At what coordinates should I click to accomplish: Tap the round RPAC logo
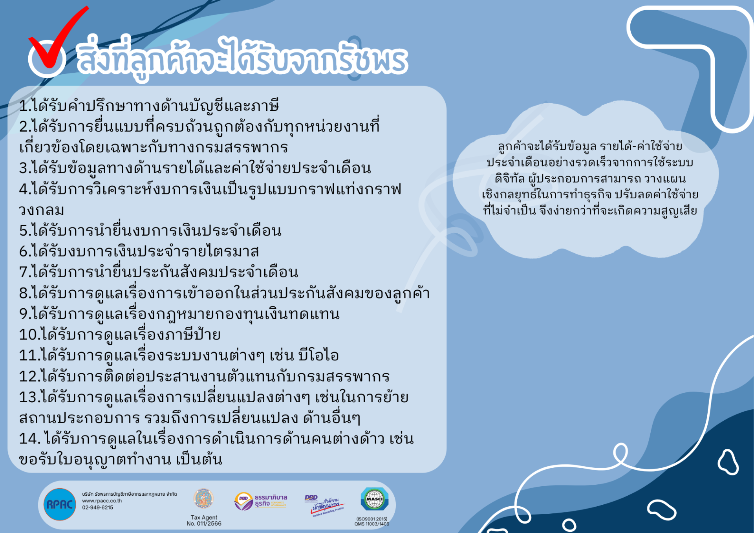60,504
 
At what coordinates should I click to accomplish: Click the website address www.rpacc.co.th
102,501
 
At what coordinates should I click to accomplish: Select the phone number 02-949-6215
97,507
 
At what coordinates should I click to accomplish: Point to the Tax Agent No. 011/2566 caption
204,520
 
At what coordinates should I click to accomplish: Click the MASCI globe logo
374,500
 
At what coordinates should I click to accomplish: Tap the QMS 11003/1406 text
372,524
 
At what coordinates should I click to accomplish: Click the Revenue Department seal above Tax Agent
203,499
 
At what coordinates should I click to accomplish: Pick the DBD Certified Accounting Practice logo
324,504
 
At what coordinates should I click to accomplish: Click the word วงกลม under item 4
42,210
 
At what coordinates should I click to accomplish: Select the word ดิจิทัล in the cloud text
510,179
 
